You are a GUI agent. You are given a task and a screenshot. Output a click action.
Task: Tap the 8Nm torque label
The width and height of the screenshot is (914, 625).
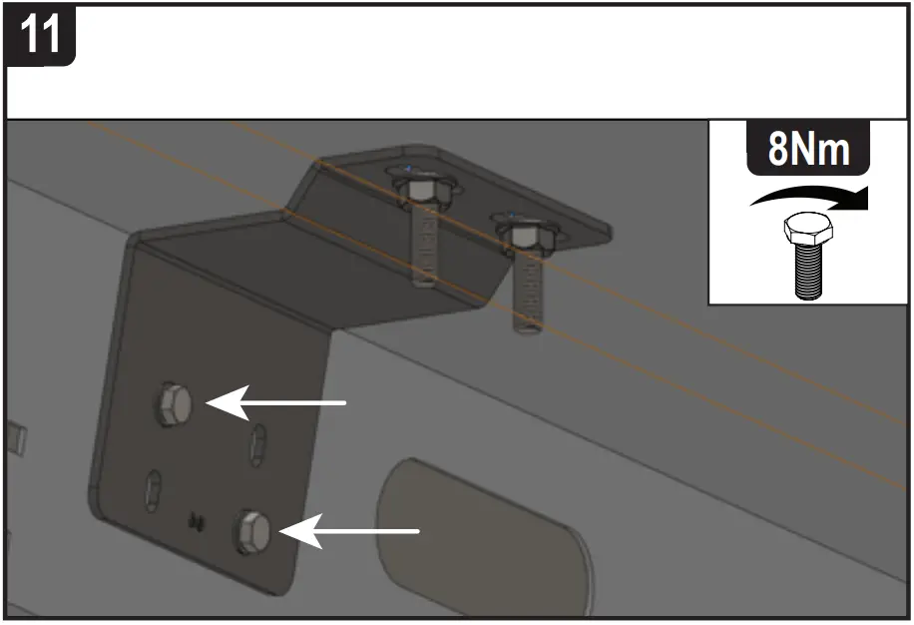coord(808,151)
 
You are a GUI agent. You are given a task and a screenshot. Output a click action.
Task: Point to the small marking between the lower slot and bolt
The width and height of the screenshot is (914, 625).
coord(196,519)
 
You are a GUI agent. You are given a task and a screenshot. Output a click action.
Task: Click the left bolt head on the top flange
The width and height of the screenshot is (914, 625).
coord(420,190)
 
